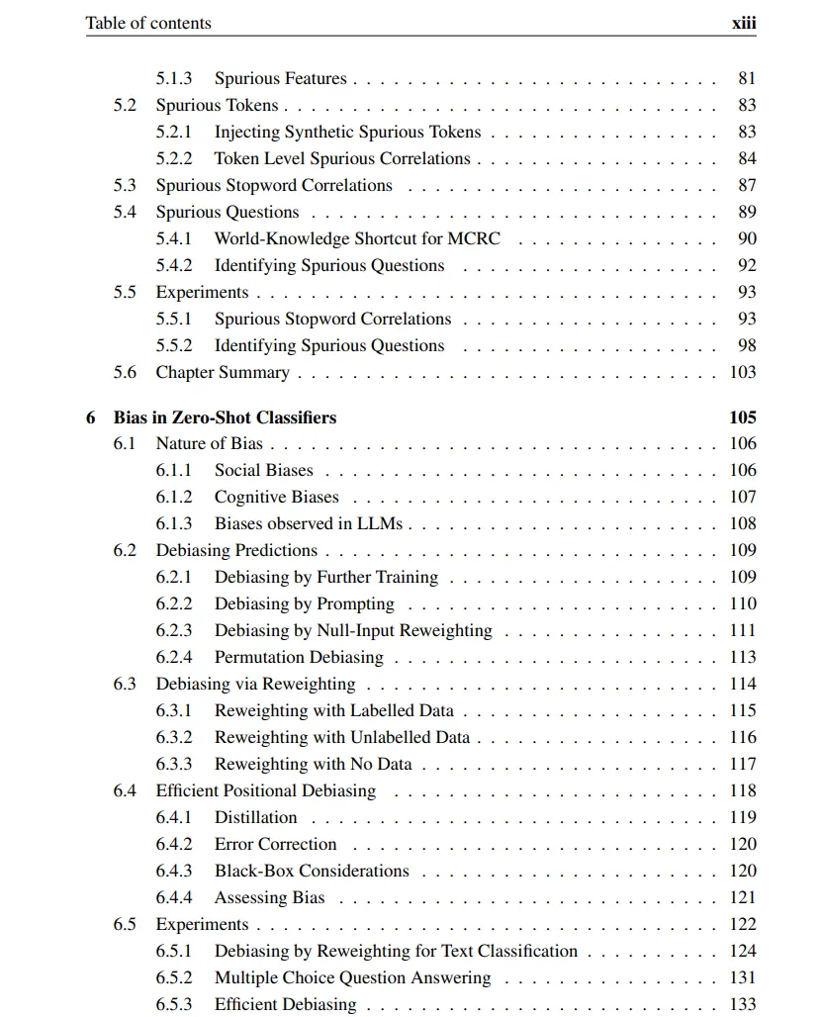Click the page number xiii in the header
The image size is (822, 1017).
[743, 23]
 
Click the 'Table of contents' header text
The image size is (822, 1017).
[148, 23]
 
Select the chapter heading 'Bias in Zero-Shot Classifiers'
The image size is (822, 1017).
[225, 417]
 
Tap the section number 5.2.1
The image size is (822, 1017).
[173, 132]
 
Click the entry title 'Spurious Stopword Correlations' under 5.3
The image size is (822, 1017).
[273, 185]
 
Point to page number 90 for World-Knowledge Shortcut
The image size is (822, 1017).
[747, 238]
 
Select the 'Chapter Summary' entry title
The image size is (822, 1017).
[223, 372]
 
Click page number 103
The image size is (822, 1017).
[743, 372]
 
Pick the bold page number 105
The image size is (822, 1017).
[742, 417]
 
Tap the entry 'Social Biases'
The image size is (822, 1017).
[263, 470]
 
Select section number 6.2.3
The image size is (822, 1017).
[173, 630]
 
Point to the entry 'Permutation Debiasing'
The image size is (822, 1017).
[299, 657]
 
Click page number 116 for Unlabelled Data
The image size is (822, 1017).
[743, 737]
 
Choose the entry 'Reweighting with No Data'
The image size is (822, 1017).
[313, 764]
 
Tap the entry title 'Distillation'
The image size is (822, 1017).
[255, 817]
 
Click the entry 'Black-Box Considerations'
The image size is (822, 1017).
[312, 871]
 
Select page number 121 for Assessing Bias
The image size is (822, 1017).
[743, 897]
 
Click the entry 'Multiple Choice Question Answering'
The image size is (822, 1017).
[352, 977]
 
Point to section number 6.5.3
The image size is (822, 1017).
[173, 1004]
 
